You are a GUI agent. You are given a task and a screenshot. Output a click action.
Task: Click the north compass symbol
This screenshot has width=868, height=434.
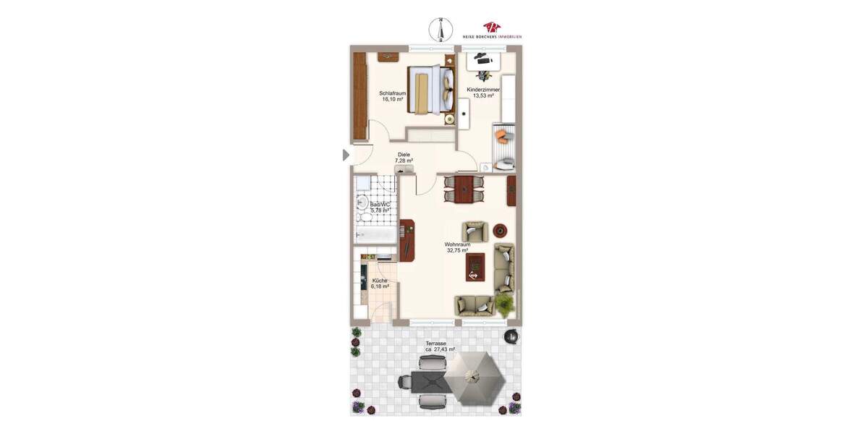click(x=440, y=29)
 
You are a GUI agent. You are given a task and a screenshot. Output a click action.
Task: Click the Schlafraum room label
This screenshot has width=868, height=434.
click(x=392, y=93)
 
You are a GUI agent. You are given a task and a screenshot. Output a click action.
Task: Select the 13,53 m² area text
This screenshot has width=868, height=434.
click(x=483, y=95)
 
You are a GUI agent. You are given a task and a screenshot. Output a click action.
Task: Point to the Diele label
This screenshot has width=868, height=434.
click(x=404, y=155)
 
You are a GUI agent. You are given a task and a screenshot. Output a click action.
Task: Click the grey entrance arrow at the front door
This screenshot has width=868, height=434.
click(x=346, y=155)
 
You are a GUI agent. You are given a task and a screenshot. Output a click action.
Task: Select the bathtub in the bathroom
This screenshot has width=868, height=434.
click(x=375, y=235)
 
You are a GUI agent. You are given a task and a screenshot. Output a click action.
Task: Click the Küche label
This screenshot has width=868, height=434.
click(x=380, y=281)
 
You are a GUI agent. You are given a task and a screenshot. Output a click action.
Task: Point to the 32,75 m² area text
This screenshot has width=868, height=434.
click(x=458, y=250)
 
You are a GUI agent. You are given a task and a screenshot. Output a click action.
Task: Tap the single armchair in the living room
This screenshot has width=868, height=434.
click(x=475, y=231)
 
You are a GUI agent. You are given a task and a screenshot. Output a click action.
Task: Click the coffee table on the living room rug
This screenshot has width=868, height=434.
click(x=475, y=268)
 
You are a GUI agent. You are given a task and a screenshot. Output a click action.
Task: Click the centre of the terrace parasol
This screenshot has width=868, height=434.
click(x=472, y=375)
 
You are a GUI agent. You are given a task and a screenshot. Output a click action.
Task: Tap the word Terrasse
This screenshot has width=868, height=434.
click(x=435, y=344)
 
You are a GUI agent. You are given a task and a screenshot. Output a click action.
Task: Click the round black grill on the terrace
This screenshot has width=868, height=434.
click(x=511, y=335)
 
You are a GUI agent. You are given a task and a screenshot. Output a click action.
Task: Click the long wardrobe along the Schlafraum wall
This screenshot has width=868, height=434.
click(x=359, y=97)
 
